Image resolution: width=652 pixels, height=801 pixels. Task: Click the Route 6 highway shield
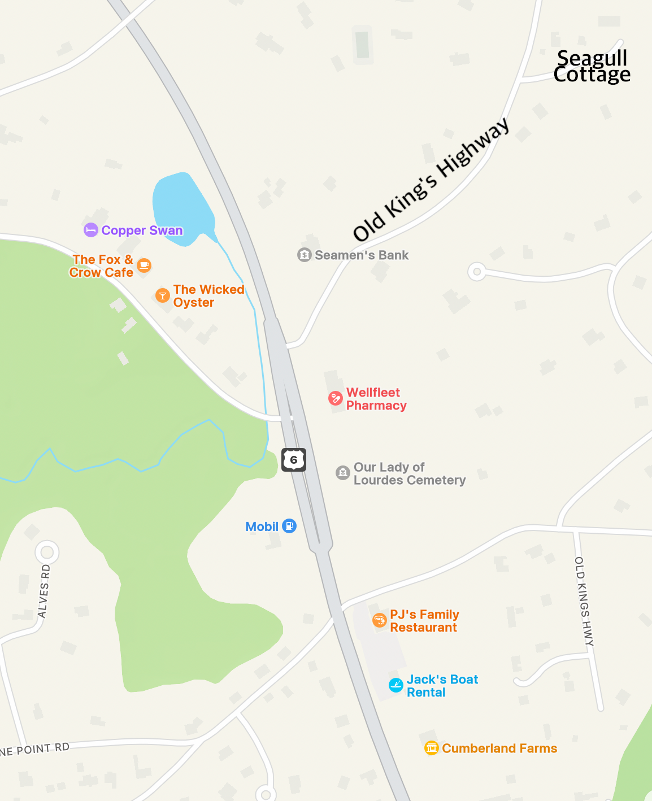294,460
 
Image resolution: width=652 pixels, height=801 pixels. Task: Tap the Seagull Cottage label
592,66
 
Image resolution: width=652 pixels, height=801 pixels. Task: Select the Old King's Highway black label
431,180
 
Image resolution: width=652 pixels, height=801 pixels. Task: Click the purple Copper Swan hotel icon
91,230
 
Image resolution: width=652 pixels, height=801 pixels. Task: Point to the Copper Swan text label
142,230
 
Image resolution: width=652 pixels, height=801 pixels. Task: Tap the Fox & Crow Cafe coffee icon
145,265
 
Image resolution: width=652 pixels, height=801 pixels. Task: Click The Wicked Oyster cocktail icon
163,295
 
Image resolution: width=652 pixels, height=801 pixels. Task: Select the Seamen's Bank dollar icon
305,255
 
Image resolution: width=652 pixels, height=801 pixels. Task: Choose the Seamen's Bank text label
362,255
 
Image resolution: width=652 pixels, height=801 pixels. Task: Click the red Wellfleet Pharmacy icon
336,398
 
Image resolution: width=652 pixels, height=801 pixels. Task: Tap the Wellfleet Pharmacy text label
376,399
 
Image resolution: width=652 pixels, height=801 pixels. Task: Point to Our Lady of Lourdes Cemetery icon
343,473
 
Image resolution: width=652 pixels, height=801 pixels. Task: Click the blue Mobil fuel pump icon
289,526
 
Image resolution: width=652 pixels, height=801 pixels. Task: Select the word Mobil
262,526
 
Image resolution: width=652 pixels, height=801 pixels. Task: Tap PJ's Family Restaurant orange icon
380,621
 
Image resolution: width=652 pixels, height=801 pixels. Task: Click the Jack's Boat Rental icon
396,685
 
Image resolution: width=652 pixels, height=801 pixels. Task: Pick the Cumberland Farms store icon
432,748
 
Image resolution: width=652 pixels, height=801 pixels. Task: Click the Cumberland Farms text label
499,748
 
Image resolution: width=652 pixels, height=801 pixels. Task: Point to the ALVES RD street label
44,591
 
